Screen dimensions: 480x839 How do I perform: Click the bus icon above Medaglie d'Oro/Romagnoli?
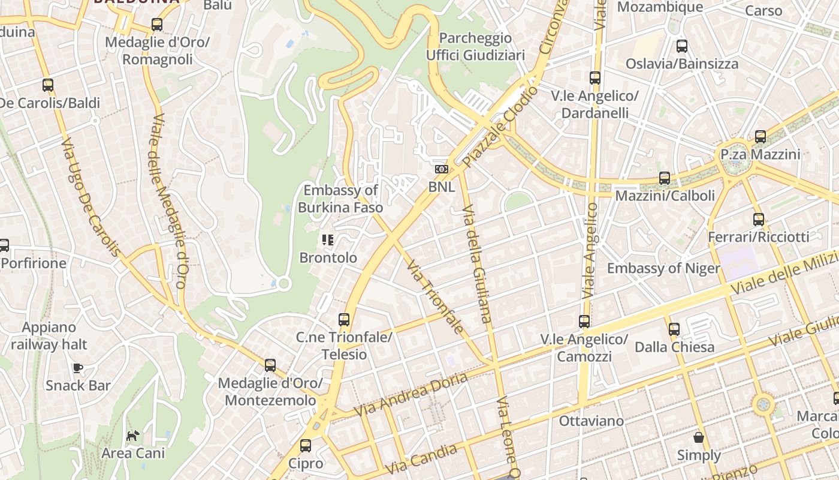coord(156,25)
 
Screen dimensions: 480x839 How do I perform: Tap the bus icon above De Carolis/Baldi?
coord(48,85)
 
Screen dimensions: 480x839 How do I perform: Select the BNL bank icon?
coord(442,170)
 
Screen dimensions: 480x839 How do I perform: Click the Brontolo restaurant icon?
coord(328,241)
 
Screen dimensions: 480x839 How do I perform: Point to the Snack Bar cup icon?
coord(77,367)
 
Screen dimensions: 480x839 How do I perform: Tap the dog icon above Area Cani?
coord(133,435)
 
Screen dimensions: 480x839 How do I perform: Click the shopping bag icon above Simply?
coord(699,437)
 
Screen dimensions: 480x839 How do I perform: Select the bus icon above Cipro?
coord(305,446)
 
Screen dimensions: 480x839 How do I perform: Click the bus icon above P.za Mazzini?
coord(760,137)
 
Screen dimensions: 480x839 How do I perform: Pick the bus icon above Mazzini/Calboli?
coord(664,178)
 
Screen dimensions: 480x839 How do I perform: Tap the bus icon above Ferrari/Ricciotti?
coord(758,220)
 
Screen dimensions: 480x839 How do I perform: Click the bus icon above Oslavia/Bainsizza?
coord(681,46)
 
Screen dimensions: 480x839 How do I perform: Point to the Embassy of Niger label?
coord(663,268)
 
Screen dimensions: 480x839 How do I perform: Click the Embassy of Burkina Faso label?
coord(340,199)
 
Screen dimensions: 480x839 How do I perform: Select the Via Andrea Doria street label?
coord(411,395)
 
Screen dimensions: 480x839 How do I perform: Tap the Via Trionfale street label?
coord(434,296)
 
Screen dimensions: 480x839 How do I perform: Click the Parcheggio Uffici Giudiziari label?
coord(475,47)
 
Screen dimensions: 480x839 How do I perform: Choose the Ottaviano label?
coord(591,421)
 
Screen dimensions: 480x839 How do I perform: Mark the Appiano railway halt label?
coord(49,336)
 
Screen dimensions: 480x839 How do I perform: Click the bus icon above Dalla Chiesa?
coord(674,329)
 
